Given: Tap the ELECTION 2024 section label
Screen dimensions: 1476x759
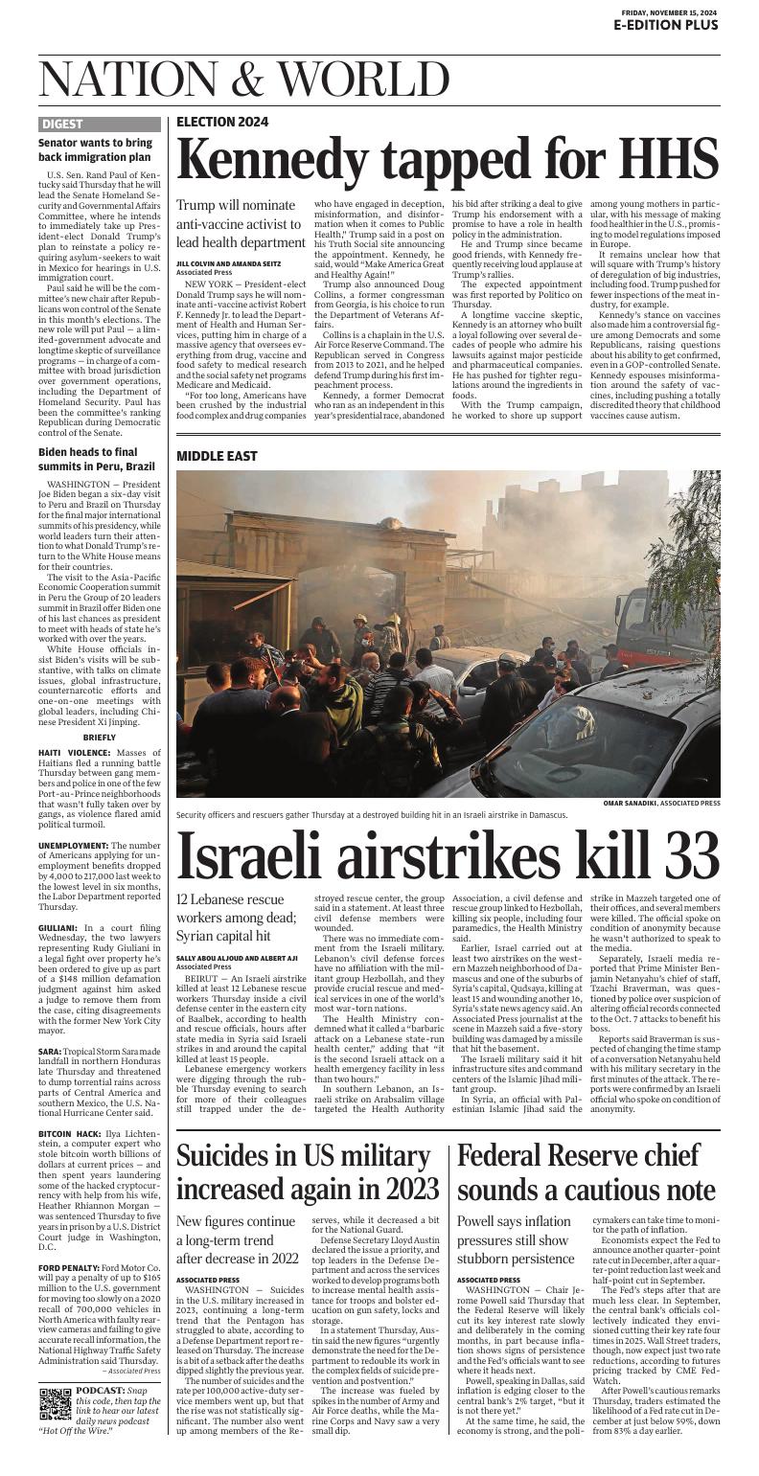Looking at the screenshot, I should point(222,122).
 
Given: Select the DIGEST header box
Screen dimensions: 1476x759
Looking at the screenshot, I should point(62,124).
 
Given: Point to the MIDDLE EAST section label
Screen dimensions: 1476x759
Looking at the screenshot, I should point(217,456).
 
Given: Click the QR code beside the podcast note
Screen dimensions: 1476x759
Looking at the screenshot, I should point(56,1402).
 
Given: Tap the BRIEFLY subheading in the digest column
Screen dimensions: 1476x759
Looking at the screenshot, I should point(100,738).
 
